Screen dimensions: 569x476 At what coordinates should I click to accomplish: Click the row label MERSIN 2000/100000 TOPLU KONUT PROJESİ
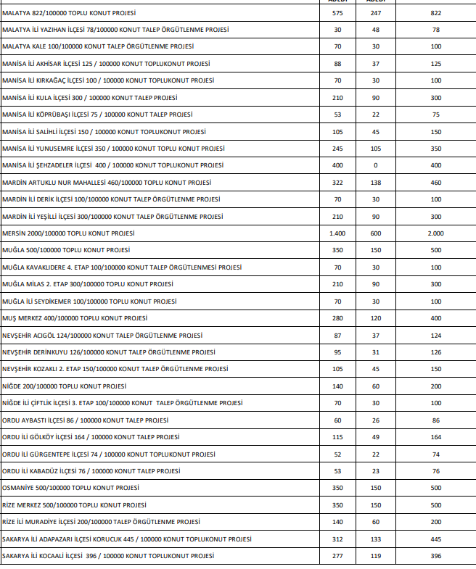68,233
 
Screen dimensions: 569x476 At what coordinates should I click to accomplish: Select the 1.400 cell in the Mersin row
337,233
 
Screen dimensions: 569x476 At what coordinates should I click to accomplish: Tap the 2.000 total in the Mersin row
435,233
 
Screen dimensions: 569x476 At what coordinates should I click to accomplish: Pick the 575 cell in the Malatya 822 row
337,14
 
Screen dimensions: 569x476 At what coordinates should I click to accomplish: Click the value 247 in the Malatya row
376,14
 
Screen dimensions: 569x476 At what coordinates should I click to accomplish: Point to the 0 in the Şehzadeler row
376,166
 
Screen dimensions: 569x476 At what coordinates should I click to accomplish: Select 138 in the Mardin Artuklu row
376,183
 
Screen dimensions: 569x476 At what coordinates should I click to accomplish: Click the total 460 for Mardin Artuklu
435,183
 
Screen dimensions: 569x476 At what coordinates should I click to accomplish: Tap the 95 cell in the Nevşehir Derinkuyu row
337,352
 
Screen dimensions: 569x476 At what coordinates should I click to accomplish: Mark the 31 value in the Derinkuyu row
376,352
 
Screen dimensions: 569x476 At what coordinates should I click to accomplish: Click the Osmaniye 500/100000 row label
70,487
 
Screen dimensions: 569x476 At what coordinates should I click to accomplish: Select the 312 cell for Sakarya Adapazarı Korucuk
337,539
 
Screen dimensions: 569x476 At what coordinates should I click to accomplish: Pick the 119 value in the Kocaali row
376,555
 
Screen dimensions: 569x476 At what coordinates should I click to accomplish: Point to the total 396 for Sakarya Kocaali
435,555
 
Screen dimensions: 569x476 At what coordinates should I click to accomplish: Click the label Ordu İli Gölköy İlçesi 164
92,437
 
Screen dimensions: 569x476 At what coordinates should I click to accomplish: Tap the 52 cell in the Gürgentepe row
337,454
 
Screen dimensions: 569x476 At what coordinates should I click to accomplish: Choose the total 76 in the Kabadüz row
435,470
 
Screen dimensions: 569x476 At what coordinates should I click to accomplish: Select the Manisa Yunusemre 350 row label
113,149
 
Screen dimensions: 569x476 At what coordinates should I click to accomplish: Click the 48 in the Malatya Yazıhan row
376,30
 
